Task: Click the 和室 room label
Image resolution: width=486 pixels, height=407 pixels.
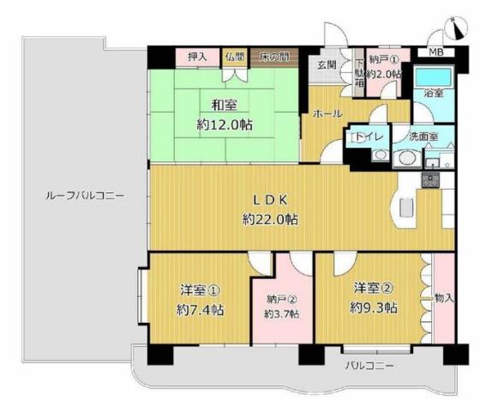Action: tap(224, 106)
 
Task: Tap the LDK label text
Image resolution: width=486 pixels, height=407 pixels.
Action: tap(270, 200)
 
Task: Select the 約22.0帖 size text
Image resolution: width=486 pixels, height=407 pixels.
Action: tap(270, 220)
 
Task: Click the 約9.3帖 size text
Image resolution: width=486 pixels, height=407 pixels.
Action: tap(374, 308)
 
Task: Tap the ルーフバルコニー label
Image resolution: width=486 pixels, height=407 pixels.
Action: tap(85, 196)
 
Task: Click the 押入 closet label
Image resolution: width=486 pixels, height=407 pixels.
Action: tap(197, 58)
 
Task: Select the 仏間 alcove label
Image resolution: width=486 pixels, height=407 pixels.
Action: tap(235, 57)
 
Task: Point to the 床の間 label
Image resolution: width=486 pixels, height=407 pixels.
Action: tap(274, 57)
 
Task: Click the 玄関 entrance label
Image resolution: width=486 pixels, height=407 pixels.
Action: tap(327, 65)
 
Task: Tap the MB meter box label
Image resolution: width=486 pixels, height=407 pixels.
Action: tap(436, 52)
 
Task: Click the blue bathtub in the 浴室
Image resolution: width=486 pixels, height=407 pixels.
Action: tap(433, 76)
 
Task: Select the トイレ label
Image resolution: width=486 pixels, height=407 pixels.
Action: tap(368, 137)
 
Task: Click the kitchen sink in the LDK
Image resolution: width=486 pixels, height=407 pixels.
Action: tap(430, 180)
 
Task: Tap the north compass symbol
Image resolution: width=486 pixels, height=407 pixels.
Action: tap(456, 28)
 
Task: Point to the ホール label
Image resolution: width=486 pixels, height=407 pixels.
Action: tap(327, 113)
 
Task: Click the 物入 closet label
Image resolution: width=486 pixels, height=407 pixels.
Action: tap(445, 298)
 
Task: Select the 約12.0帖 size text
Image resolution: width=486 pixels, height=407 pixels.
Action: tap(225, 125)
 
